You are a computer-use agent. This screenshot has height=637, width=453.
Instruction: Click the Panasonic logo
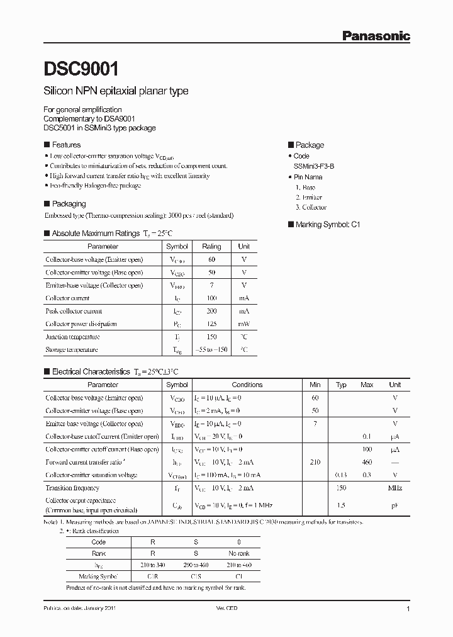click(x=376, y=36)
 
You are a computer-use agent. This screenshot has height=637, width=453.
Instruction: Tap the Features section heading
click(x=65, y=145)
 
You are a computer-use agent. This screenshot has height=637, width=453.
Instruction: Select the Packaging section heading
click(x=69, y=204)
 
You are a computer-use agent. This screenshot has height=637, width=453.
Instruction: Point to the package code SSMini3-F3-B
click(x=318, y=166)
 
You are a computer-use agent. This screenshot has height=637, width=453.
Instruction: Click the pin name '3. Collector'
click(x=311, y=207)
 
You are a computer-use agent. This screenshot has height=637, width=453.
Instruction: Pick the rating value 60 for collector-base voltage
click(x=211, y=259)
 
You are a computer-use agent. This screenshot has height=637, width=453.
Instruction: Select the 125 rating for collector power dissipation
click(x=211, y=324)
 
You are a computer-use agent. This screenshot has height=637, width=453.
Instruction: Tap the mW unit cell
click(x=243, y=324)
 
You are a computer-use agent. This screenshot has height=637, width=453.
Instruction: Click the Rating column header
click(x=211, y=247)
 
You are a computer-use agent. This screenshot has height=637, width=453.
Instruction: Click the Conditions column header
click(x=247, y=385)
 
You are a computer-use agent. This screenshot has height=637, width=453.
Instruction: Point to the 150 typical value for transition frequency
click(x=341, y=488)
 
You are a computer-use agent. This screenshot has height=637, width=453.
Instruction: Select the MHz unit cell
click(x=394, y=488)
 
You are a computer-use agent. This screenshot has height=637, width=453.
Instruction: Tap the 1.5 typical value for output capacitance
click(x=341, y=505)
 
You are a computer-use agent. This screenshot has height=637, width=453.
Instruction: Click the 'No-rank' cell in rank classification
click(x=238, y=553)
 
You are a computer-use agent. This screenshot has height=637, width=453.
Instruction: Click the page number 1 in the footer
click(x=408, y=609)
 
